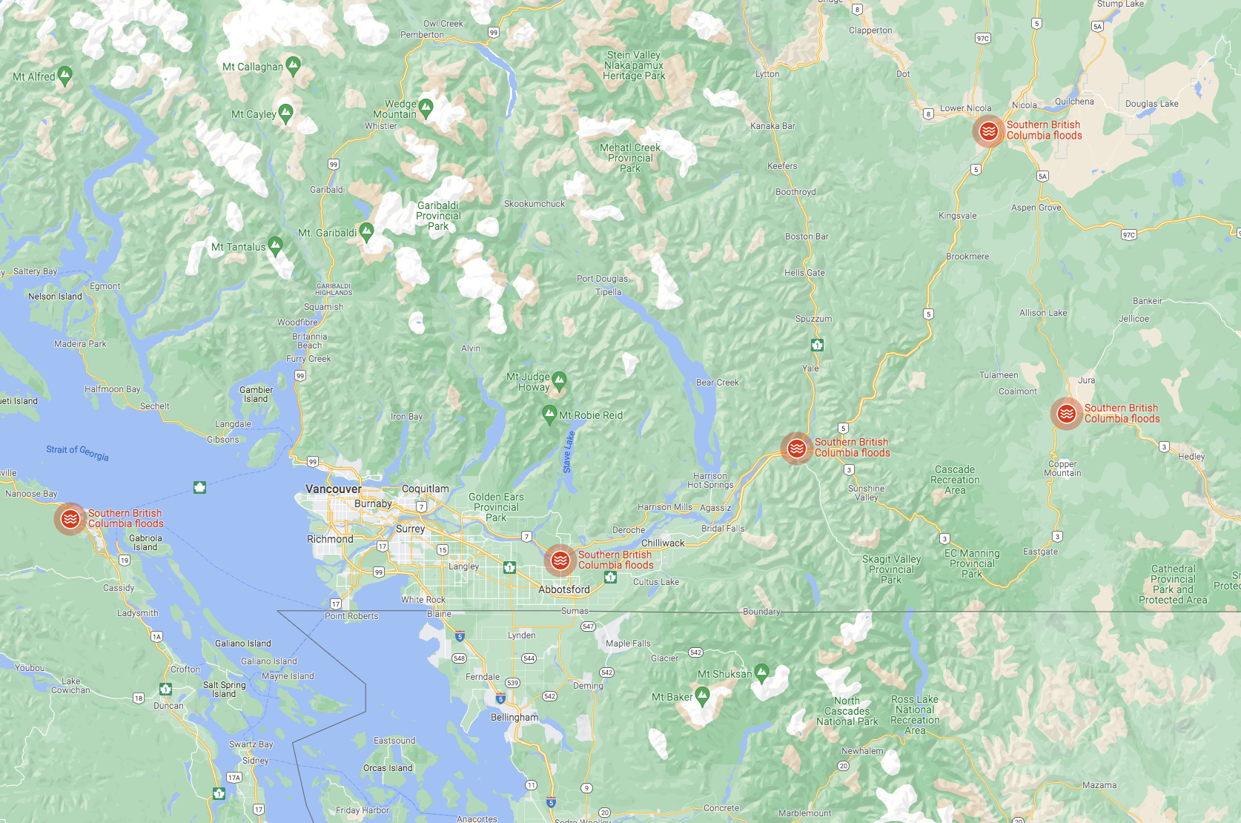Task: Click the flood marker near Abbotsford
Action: [560, 561]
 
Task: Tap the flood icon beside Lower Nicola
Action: [988, 131]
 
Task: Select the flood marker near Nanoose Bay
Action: [70, 519]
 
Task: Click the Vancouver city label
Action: [334, 489]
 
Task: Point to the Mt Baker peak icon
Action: [703, 695]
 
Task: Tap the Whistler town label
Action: [381, 126]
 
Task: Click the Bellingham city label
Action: [514, 718]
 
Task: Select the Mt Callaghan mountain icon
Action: [294, 65]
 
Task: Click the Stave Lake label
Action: [569, 452]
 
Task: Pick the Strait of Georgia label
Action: [77, 452]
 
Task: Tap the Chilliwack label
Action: [663, 543]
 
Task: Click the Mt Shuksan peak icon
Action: [761, 672]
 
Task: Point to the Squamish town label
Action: [323, 307]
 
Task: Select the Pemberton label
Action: [422, 35]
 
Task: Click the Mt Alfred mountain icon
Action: [65, 75]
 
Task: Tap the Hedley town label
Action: [1191, 457]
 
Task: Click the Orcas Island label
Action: [388, 768]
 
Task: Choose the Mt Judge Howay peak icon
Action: [560, 380]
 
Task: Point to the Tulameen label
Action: [999, 375]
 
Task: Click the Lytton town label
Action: [767, 74]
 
